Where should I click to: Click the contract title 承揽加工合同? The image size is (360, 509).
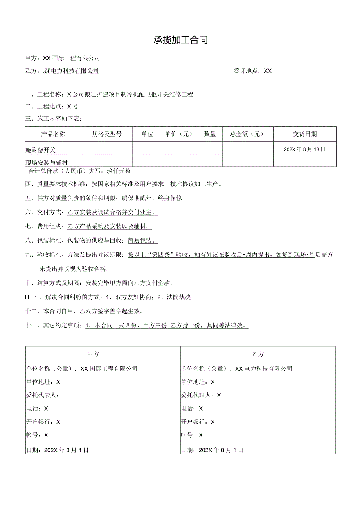coord(180,40)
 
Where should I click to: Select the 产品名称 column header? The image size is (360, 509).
coord(53,134)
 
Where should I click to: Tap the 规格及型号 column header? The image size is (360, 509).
coord(106,134)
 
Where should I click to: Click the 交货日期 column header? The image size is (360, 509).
coord(305,134)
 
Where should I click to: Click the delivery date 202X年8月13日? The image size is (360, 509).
coord(304,149)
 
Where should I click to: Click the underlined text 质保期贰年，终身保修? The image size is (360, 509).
coord(155,198)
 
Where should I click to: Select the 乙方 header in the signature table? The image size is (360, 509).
coord(258,354)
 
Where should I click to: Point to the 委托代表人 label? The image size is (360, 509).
coord(42,395)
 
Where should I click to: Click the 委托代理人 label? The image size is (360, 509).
coord(197,395)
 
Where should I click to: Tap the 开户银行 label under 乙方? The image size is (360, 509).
coord(194,422)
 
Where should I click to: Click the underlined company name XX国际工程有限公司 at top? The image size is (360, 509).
coord(72,58)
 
